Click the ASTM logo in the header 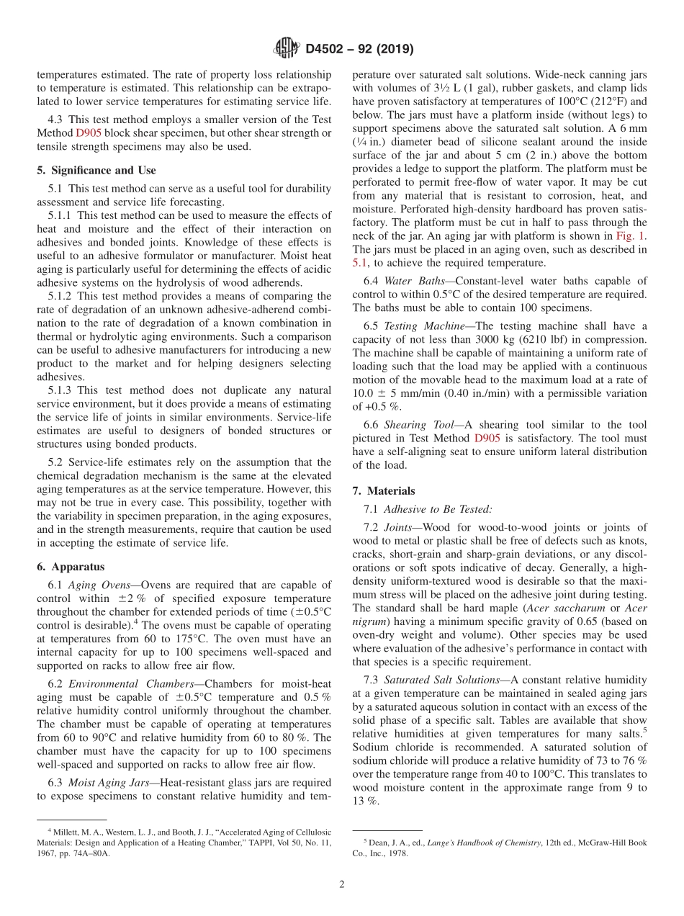coord(286,50)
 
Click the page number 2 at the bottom coord(342,884)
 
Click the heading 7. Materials coord(383,491)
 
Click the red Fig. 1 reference coord(631,236)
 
